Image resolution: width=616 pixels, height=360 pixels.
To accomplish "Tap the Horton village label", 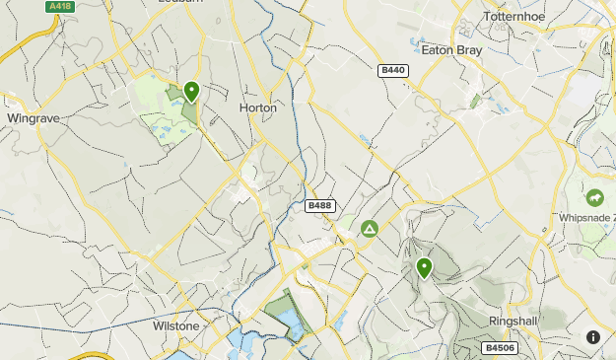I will (x=258, y=108).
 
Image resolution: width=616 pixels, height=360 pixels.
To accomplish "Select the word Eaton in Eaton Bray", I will (x=437, y=49).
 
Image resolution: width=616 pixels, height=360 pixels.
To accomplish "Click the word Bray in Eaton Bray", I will (x=468, y=49).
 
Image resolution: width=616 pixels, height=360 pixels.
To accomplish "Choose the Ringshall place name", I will (x=514, y=322).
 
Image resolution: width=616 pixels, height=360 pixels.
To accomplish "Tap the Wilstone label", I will (x=176, y=325).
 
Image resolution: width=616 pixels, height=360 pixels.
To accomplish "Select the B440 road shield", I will (x=392, y=70).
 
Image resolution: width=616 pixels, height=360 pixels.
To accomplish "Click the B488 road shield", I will (x=318, y=205).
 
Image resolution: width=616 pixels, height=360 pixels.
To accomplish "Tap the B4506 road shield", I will (x=499, y=347).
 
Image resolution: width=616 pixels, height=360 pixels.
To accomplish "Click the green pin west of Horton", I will (x=191, y=92).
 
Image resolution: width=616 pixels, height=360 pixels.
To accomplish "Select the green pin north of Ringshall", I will (x=425, y=267).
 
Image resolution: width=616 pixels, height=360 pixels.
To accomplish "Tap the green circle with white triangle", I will (x=370, y=230).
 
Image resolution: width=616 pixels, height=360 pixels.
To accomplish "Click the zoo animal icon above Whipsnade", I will (x=594, y=197).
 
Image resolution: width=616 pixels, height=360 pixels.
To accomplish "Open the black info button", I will (x=593, y=337).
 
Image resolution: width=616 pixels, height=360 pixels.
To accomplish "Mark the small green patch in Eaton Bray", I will (x=476, y=101).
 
